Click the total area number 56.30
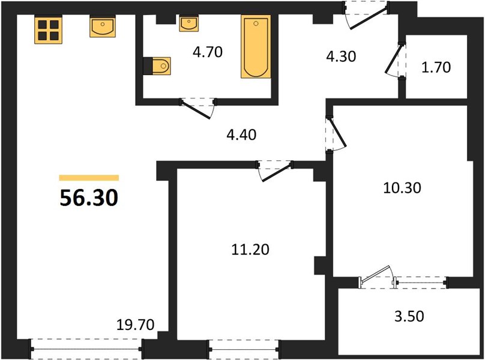pos(89,198)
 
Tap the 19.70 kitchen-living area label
pos(136,325)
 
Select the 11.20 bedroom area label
pos(250,250)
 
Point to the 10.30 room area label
pos(402,188)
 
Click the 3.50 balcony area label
pos(409,316)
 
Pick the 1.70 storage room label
pos(436,67)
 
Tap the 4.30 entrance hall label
pos(341,56)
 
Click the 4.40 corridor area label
pos(241,135)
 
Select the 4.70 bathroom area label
pos(208,52)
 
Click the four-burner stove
pos(48,29)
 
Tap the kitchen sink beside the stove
pos(103,27)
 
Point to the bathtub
pos(256,46)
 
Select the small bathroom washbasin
pos(188,23)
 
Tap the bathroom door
pos(198,109)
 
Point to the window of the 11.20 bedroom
pos(244,349)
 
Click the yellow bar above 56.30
pos(89,178)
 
